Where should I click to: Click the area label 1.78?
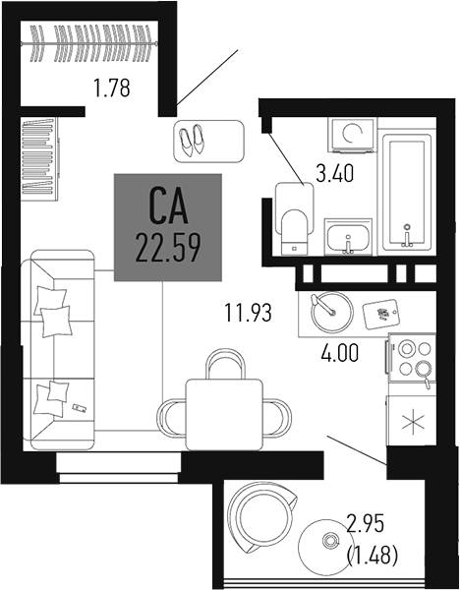(x=112, y=91)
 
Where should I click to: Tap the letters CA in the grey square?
(x=168, y=207)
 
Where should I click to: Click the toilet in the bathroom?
(x=292, y=217)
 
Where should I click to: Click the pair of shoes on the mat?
(x=192, y=140)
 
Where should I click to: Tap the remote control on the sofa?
(x=78, y=406)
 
